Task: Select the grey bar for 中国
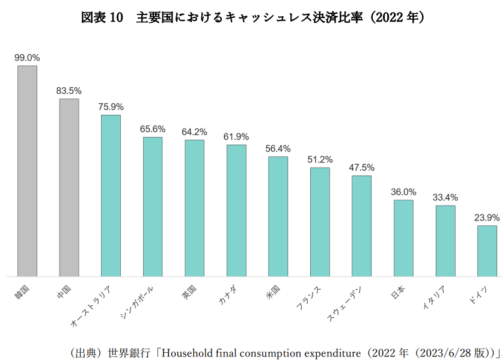pyautogui.click(x=69, y=187)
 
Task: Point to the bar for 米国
pyautogui.click(x=278, y=216)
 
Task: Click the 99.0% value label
pyautogui.click(x=27, y=58)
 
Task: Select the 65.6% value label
pyautogui.click(x=153, y=129)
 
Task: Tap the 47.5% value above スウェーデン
pyautogui.click(x=361, y=168)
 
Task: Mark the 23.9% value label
pyautogui.click(x=487, y=218)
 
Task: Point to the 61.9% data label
pyautogui.click(x=236, y=137)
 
